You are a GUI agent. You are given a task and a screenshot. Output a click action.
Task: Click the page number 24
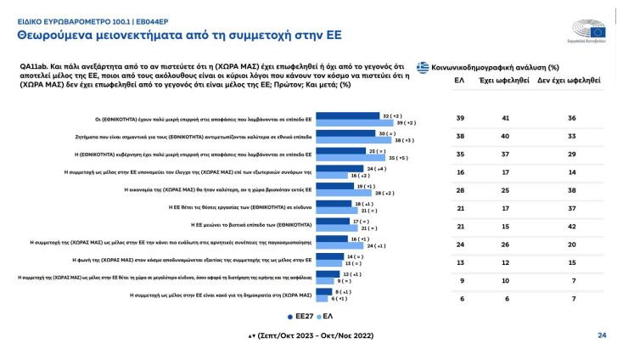(x=602, y=335)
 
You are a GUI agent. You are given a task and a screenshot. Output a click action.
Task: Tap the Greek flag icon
(x=423, y=66)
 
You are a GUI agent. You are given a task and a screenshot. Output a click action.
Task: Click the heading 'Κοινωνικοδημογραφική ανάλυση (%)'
(x=491, y=66)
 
